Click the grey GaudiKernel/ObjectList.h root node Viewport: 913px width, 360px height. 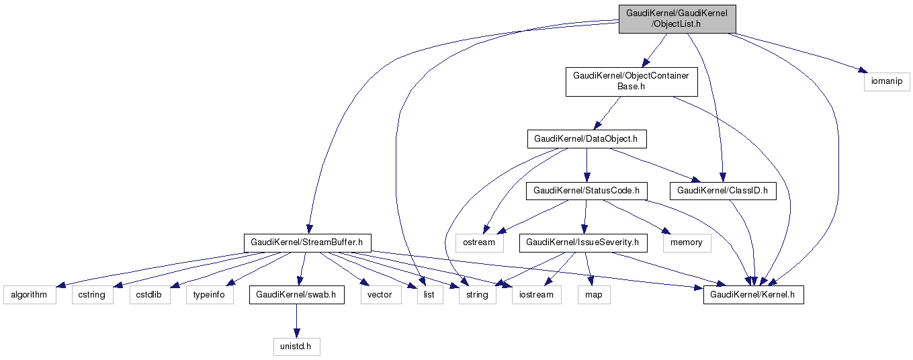click(x=677, y=18)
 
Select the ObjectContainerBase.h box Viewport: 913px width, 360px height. click(x=631, y=82)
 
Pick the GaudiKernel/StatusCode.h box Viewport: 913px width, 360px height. click(x=586, y=191)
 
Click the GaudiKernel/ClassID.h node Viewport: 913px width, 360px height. click(x=722, y=191)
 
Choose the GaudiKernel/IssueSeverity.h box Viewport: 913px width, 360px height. click(x=582, y=242)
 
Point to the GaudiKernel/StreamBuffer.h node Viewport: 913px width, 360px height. click(x=306, y=242)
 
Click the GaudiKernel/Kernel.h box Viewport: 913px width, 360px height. click(x=753, y=294)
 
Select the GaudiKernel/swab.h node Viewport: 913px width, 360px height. click(x=296, y=294)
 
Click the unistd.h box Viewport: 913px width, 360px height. click(x=296, y=347)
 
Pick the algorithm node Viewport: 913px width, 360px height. click(x=30, y=294)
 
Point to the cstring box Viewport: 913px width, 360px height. click(x=92, y=294)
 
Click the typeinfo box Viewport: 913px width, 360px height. click(x=210, y=294)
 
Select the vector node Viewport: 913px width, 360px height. click(x=380, y=294)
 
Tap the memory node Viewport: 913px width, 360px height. click(x=687, y=242)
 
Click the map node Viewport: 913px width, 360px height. click(x=594, y=294)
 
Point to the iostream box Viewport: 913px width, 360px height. click(x=536, y=294)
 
